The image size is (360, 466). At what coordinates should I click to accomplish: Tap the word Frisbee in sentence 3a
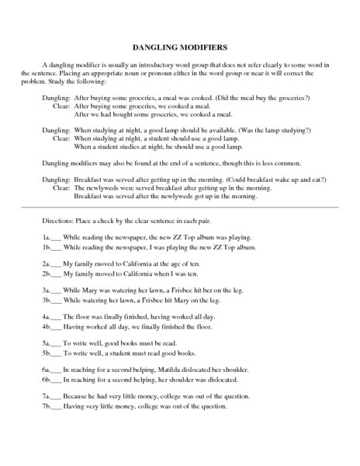click(178, 289)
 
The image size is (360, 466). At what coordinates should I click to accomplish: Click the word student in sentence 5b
click(124, 354)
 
